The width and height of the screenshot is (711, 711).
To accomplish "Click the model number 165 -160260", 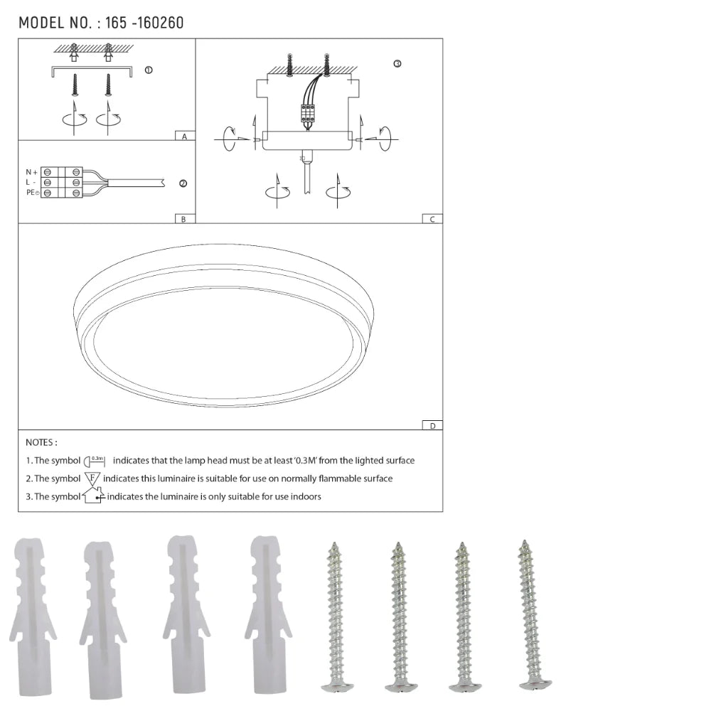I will (144, 23).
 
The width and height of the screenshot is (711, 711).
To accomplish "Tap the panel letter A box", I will (184, 136).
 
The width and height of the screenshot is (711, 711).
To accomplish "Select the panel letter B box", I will (183, 219).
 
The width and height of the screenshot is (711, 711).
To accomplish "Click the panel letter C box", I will (432, 219).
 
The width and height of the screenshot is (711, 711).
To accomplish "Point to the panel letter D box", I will (432, 425).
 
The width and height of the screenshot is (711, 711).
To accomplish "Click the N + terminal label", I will (31, 172).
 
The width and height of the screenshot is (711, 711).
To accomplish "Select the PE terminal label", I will (32, 193).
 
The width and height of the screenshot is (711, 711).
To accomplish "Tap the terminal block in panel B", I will (62, 183).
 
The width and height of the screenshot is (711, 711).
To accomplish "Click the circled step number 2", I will (183, 183).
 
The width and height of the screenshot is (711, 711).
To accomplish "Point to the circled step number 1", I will (148, 70).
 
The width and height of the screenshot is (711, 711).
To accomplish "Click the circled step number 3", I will (397, 64).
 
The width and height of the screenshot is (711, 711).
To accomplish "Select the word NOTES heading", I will (41, 442).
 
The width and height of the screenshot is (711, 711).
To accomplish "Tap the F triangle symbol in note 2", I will (92, 479).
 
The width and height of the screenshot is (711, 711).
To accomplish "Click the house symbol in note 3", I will (93, 496).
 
